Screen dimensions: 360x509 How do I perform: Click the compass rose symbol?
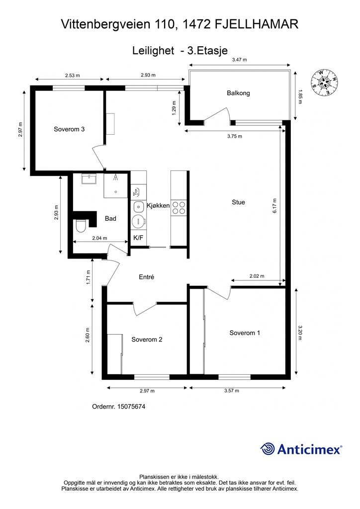click(x=324, y=83)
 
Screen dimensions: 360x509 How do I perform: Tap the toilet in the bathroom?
click(x=80, y=226)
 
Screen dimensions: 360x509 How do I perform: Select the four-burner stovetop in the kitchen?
click(x=179, y=208)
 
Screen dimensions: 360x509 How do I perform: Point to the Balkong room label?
click(x=238, y=93)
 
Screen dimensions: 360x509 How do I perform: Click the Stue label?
click(x=238, y=202)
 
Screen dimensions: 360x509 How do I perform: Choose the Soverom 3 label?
click(x=69, y=129)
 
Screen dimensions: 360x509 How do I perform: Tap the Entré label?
click(x=146, y=277)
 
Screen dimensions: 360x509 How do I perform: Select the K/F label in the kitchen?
click(x=138, y=238)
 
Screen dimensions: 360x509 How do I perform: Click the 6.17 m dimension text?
click(x=275, y=205)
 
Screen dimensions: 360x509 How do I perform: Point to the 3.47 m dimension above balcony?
click(x=239, y=60)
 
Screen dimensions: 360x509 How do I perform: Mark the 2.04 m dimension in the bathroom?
click(x=99, y=238)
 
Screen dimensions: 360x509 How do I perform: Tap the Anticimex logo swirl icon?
click(x=268, y=449)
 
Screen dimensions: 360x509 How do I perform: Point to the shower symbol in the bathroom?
click(x=115, y=177)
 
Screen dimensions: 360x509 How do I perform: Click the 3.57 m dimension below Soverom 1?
click(x=231, y=391)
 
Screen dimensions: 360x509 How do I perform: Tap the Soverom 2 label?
click(x=147, y=339)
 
